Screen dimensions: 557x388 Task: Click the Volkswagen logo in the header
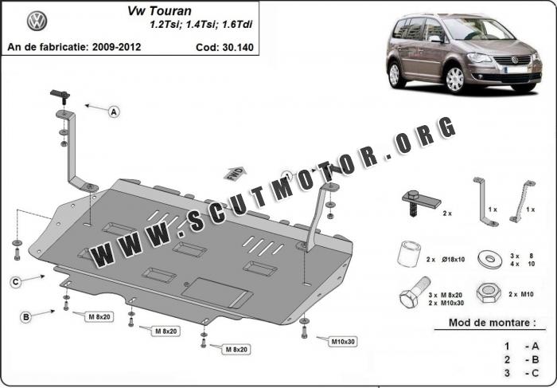(37, 21)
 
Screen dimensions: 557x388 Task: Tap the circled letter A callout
(114, 112)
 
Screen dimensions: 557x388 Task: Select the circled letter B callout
(26, 317)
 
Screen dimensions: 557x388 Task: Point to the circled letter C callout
(16, 282)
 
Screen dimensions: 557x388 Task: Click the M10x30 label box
(343, 342)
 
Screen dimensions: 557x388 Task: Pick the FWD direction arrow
(235, 174)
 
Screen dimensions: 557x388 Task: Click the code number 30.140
(238, 47)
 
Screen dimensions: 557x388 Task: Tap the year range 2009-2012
(116, 47)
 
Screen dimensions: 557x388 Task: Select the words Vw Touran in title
(159, 11)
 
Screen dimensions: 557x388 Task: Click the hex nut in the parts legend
(489, 293)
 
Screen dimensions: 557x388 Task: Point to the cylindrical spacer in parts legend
(409, 254)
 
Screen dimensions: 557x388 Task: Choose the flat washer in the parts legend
(490, 259)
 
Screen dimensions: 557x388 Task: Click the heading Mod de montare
(492, 323)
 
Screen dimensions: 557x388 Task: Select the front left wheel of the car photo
(454, 80)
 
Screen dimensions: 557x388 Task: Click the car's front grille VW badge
(515, 60)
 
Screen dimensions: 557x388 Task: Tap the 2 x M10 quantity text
(521, 294)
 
